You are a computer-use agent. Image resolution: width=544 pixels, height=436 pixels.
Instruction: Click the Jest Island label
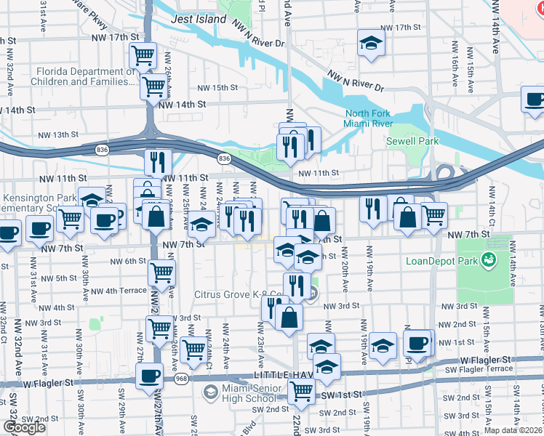pyautogui.click(x=199, y=20)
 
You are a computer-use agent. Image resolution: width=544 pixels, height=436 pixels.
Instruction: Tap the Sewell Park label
pyautogui.click(x=412, y=141)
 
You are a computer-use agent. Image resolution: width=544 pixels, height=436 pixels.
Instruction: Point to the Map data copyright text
pyautogui.click(x=513, y=430)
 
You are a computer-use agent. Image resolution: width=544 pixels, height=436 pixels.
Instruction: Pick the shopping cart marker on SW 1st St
pyautogui.click(x=301, y=391)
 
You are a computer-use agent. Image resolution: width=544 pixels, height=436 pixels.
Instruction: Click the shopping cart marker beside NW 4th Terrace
pyautogui.click(x=161, y=273)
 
